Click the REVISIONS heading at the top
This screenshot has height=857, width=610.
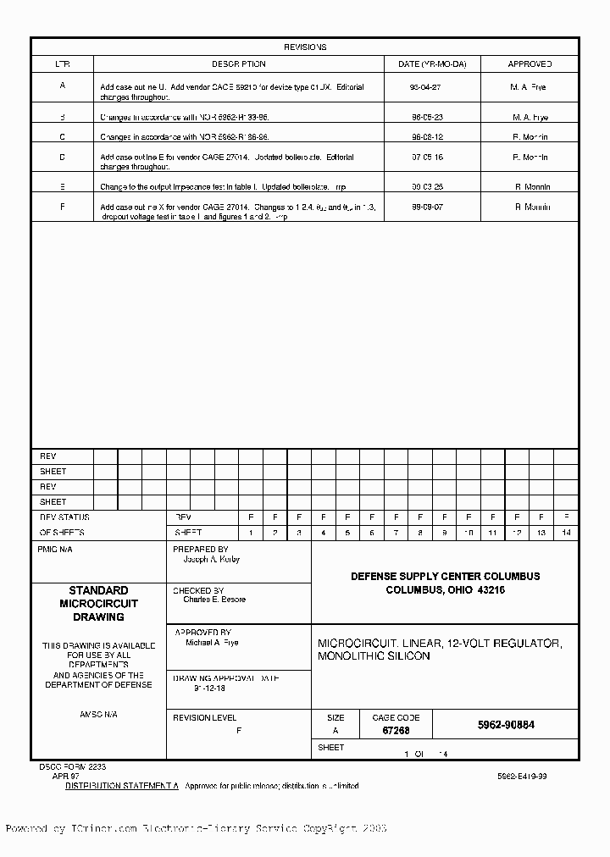coord(305,47)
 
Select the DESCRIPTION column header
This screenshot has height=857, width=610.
coord(238,64)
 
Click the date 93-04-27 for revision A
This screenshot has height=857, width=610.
coord(426,87)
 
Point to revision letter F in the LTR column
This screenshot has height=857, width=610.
coord(62,207)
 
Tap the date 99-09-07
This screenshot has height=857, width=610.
coord(426,207)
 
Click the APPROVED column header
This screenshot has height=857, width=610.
coord(530,64)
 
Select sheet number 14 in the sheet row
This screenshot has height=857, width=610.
coord(566,533)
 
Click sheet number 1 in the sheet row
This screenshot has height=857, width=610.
coord(251,533)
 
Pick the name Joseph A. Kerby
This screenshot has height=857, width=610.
coord(213,560)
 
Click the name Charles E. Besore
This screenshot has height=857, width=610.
coord(214,600)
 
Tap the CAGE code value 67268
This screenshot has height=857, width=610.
coord(396,730)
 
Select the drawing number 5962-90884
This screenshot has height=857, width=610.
coord(506,726)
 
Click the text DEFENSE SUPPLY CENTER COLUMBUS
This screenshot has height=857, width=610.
coord(445,577)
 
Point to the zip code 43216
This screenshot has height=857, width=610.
coord(491,590)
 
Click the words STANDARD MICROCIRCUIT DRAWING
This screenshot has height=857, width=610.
coord(98,604)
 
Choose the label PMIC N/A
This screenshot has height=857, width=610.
coord(56,550)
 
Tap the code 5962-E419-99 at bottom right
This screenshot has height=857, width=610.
coord(522,776)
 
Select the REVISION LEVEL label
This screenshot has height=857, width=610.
coord(204,717)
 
